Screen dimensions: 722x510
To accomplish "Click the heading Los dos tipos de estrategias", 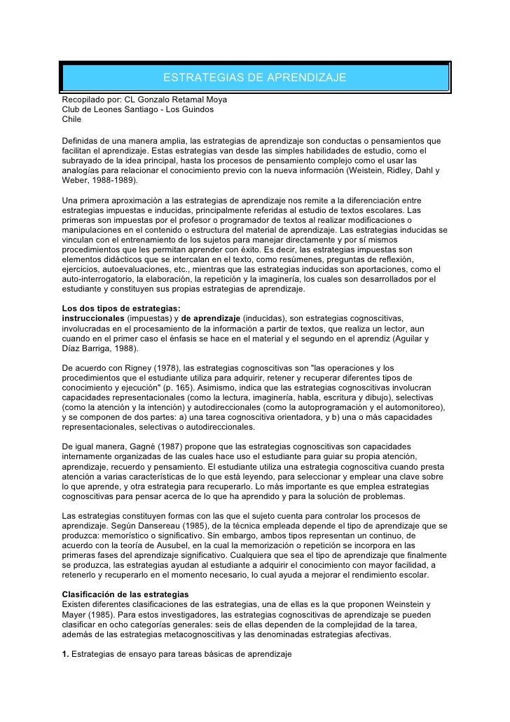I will [x=120, y=308].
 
